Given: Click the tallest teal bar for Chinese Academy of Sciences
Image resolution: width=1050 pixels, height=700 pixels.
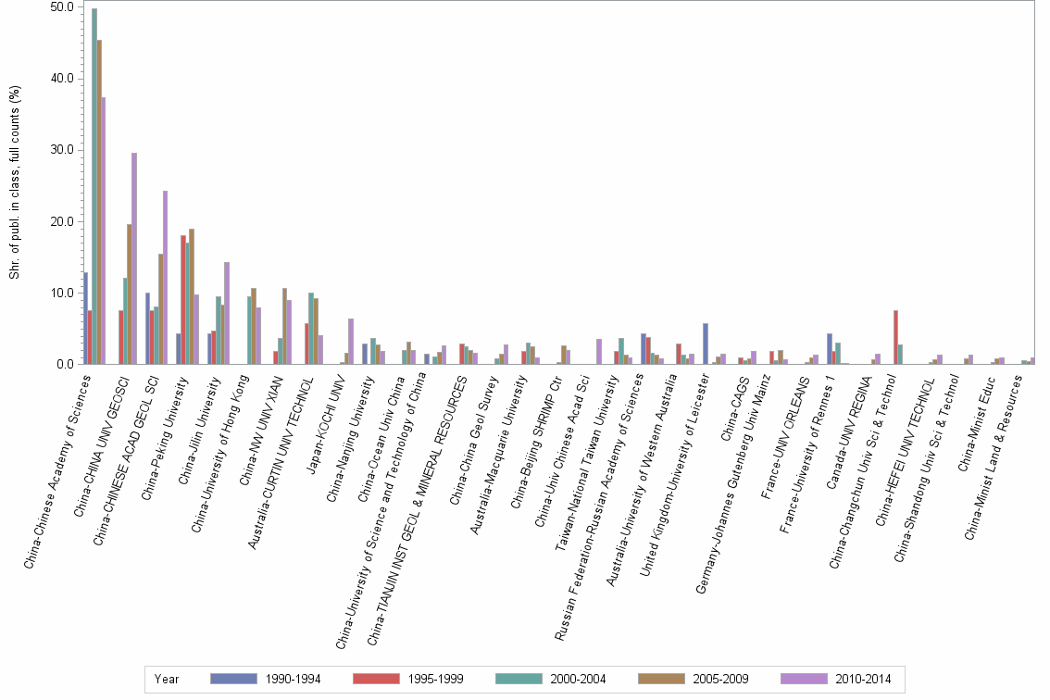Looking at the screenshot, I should [x=94, y=186].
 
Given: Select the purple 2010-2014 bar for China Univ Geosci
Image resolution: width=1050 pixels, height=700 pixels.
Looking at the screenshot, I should [x=134, y=258].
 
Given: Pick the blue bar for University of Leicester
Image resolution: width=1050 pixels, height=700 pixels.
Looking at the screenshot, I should [x=706, y=344].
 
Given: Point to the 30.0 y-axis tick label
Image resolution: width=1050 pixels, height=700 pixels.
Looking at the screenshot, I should [x=62, y=150].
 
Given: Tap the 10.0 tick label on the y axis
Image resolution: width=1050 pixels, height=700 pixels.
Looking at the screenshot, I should [x=62, y=294].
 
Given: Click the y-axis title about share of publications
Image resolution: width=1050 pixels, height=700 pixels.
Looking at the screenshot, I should [x=14, y=185].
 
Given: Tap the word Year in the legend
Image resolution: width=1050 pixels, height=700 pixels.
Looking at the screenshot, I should [x=168, y=679].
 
